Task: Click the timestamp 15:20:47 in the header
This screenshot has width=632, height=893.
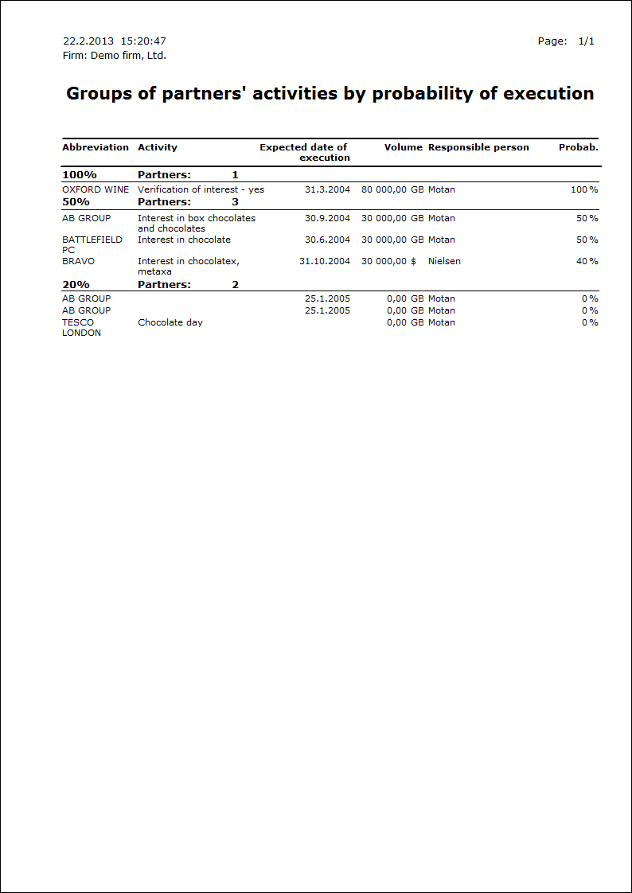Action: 143,41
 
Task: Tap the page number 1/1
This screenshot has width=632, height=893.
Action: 587,41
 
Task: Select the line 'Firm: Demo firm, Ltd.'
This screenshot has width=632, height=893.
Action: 114,56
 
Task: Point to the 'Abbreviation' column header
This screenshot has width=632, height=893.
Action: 96,147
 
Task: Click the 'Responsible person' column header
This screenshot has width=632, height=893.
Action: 478,147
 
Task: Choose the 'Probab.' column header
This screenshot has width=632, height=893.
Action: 579,147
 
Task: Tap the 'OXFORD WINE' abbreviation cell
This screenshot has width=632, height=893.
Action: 96,190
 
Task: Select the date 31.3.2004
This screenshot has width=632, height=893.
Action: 327,190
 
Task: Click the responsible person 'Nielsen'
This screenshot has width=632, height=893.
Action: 444,261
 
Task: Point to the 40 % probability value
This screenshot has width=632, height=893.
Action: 587,261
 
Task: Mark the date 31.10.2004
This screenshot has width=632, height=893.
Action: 325,261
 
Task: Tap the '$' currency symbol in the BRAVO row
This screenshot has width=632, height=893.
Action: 414,261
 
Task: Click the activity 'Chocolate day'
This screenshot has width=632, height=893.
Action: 170,322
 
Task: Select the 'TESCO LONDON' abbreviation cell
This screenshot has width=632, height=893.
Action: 82,328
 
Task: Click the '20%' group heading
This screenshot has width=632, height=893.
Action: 76,285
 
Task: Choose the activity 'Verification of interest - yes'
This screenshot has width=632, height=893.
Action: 201,190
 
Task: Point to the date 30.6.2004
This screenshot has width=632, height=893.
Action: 327,240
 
